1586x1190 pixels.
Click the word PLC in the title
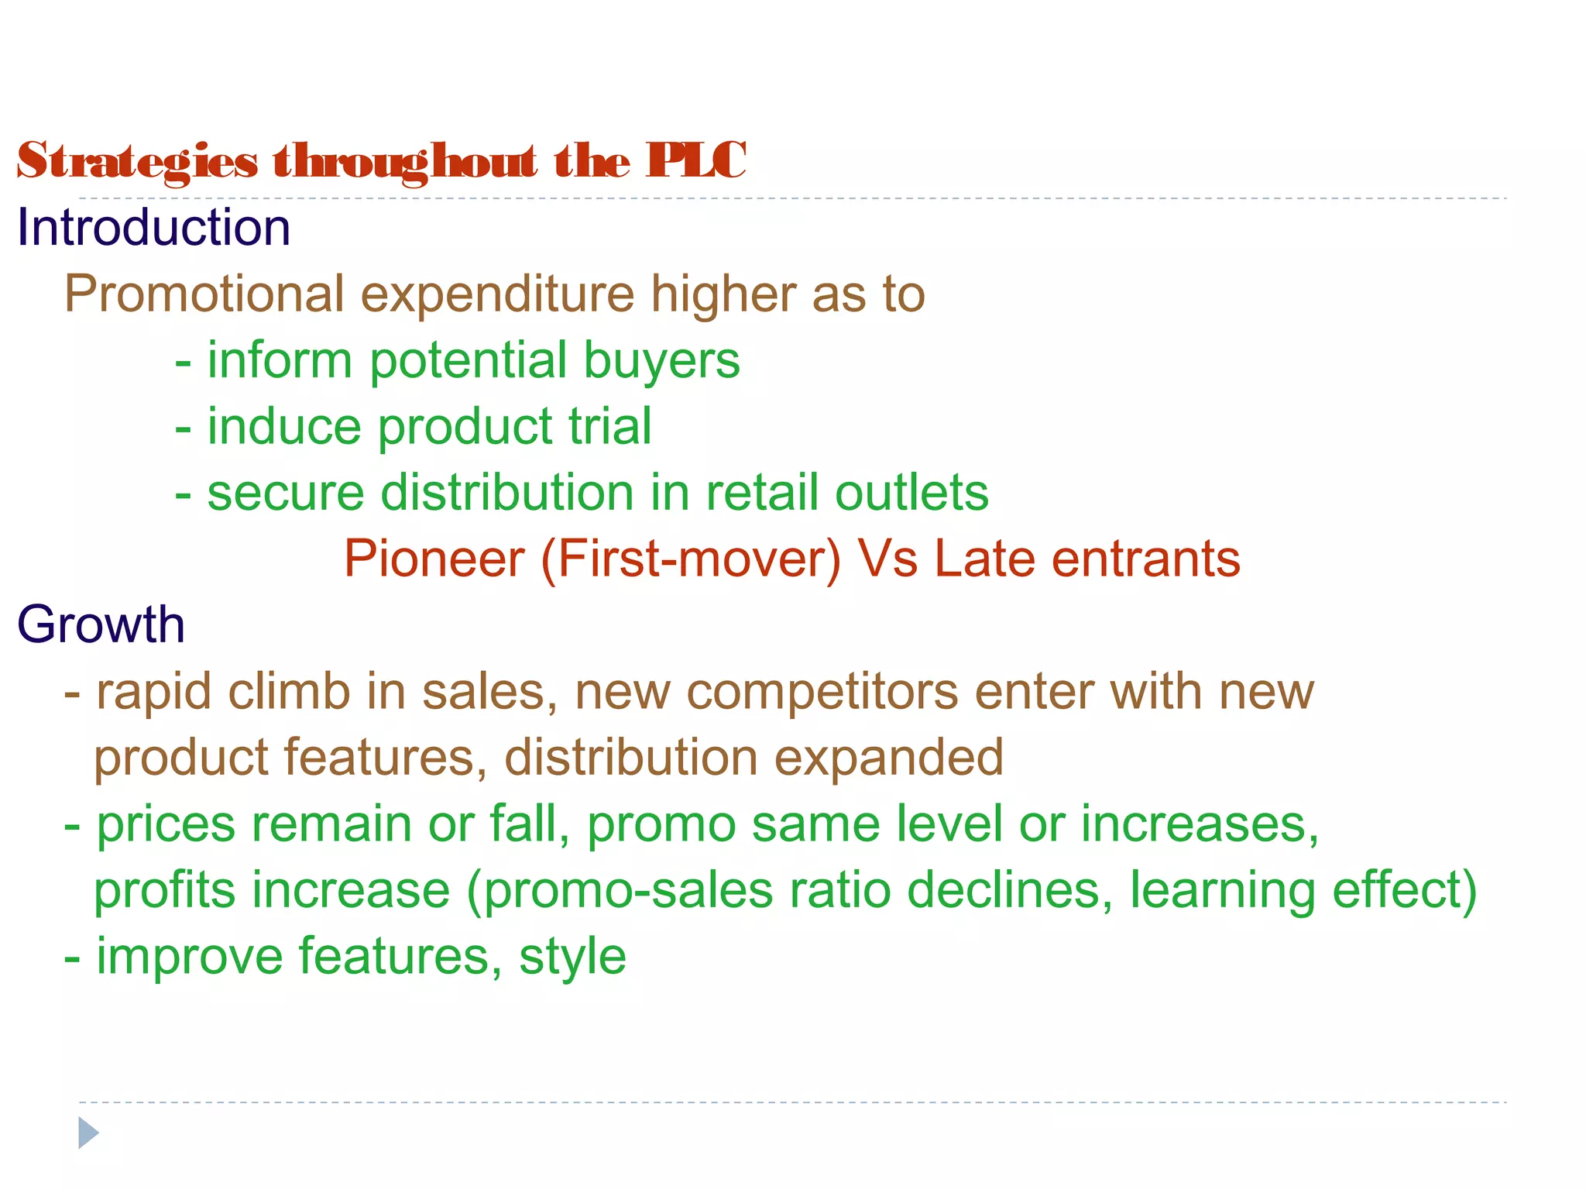[696, 161]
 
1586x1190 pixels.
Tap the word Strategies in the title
[137, 161]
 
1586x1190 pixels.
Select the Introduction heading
[153, 228]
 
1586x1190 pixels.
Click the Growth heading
[101, 624]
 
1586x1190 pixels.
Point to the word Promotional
[204, 294]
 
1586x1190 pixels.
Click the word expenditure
[497, 294]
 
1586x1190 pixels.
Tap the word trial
[610, 426]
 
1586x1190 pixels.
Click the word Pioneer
[434, 559]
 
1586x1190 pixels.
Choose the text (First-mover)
[691, 559]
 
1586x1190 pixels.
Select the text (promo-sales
[620, 890]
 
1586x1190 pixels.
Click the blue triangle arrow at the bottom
[88, 1133]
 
